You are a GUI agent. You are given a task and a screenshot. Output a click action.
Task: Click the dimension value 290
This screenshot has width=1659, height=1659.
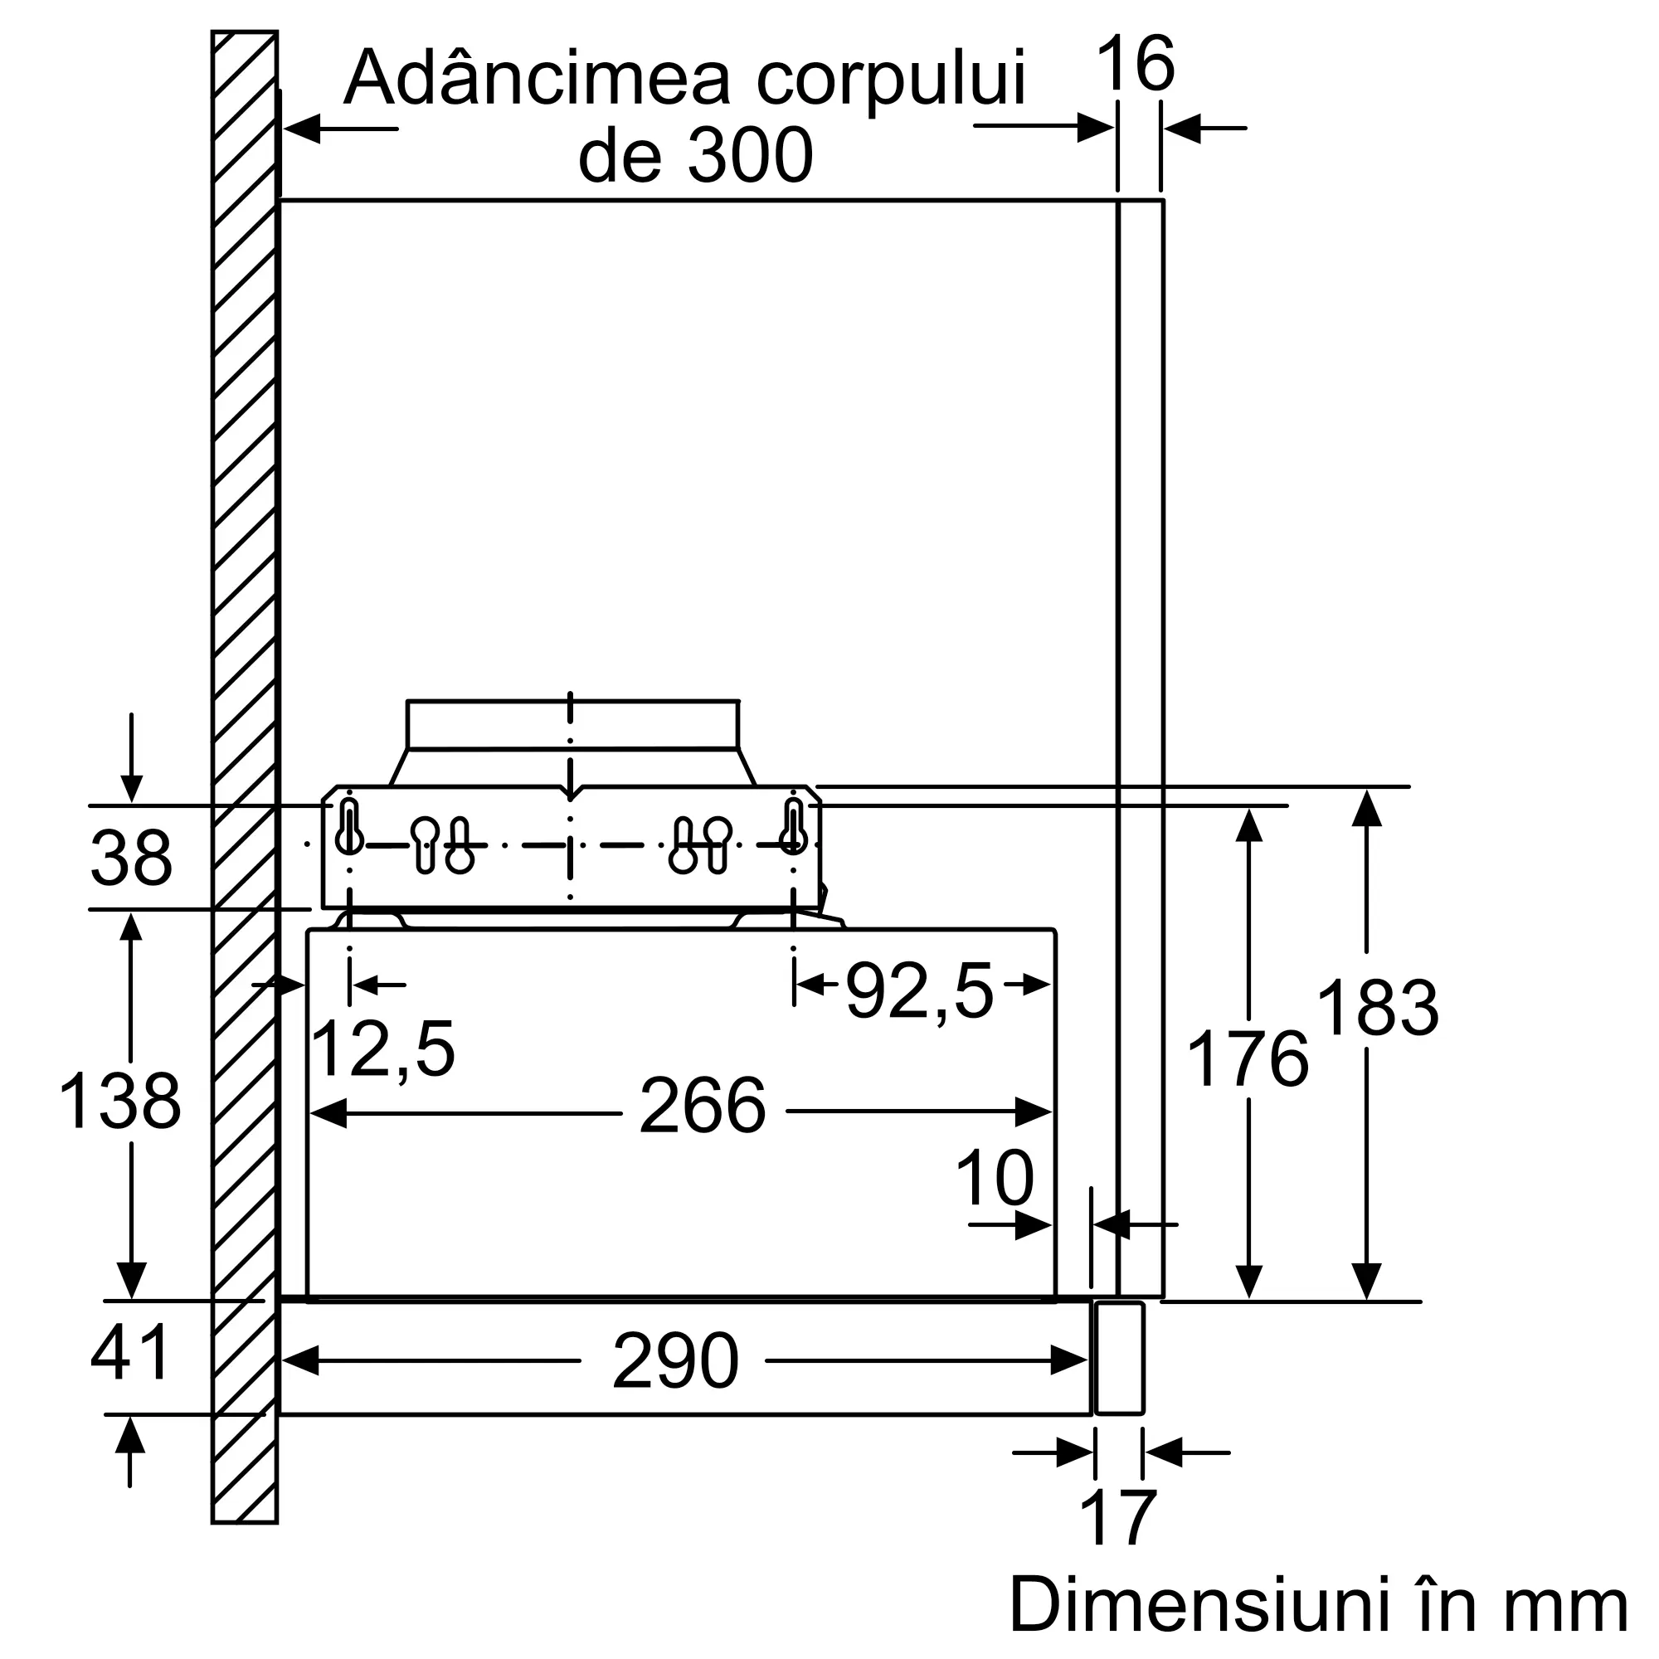pyautogui.click(x=675, y=1361)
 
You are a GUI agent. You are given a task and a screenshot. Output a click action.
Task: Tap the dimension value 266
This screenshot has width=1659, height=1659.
pyautogui.click(x=703, y=1107)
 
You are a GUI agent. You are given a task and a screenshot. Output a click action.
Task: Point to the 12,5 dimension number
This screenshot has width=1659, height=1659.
pyautogui.click(x=383, y=1049)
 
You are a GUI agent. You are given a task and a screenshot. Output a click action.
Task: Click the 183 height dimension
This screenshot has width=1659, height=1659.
pyautogui.click(x=1377, y=1008)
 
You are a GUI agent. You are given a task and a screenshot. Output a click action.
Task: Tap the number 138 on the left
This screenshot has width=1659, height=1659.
pyautogui.click(x=120, y=1101)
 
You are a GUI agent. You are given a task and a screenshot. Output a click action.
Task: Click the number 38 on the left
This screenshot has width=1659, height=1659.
pyautogui.click(x=131, y=859)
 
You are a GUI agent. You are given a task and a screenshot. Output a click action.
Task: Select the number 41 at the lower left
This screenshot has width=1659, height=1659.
pyautogui.click(x=129, y=1353)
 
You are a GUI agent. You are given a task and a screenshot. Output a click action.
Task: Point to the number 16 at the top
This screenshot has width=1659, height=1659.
pyautogui.click(x=1136, y=64)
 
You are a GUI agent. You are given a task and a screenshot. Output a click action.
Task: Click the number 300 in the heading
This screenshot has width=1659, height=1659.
pyautogui.click(x=749, y=155)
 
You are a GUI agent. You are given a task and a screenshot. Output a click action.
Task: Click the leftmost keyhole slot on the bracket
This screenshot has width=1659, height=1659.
pyautogui.click(x=348, y=826)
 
